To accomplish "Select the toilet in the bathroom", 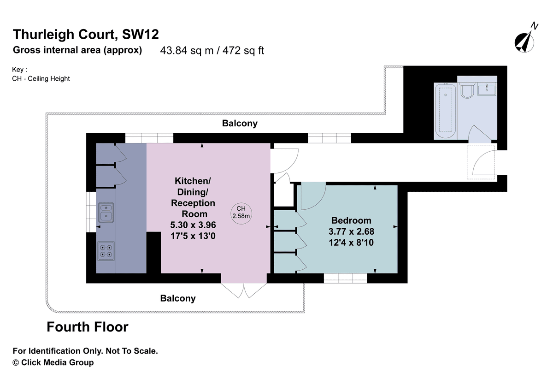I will tap(467, 90).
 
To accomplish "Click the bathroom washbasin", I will tap(487, 89).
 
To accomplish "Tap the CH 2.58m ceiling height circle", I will tap(241, 213).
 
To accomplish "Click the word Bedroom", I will tap(351, 220).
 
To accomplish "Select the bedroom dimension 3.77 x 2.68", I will tap(351, 231).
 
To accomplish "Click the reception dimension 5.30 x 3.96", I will tap(193, 225).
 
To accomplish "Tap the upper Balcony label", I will tap(240, 124).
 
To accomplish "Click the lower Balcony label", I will tap(178, 298).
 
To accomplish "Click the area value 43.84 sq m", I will tap(187, 51).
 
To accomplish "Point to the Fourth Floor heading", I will tap(88, 327).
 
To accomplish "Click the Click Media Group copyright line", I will tap(53, 362).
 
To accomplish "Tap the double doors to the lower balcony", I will tap(244, 289).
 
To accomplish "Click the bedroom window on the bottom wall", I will tap(345, 278).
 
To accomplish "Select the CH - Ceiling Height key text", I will tap(41, 78).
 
